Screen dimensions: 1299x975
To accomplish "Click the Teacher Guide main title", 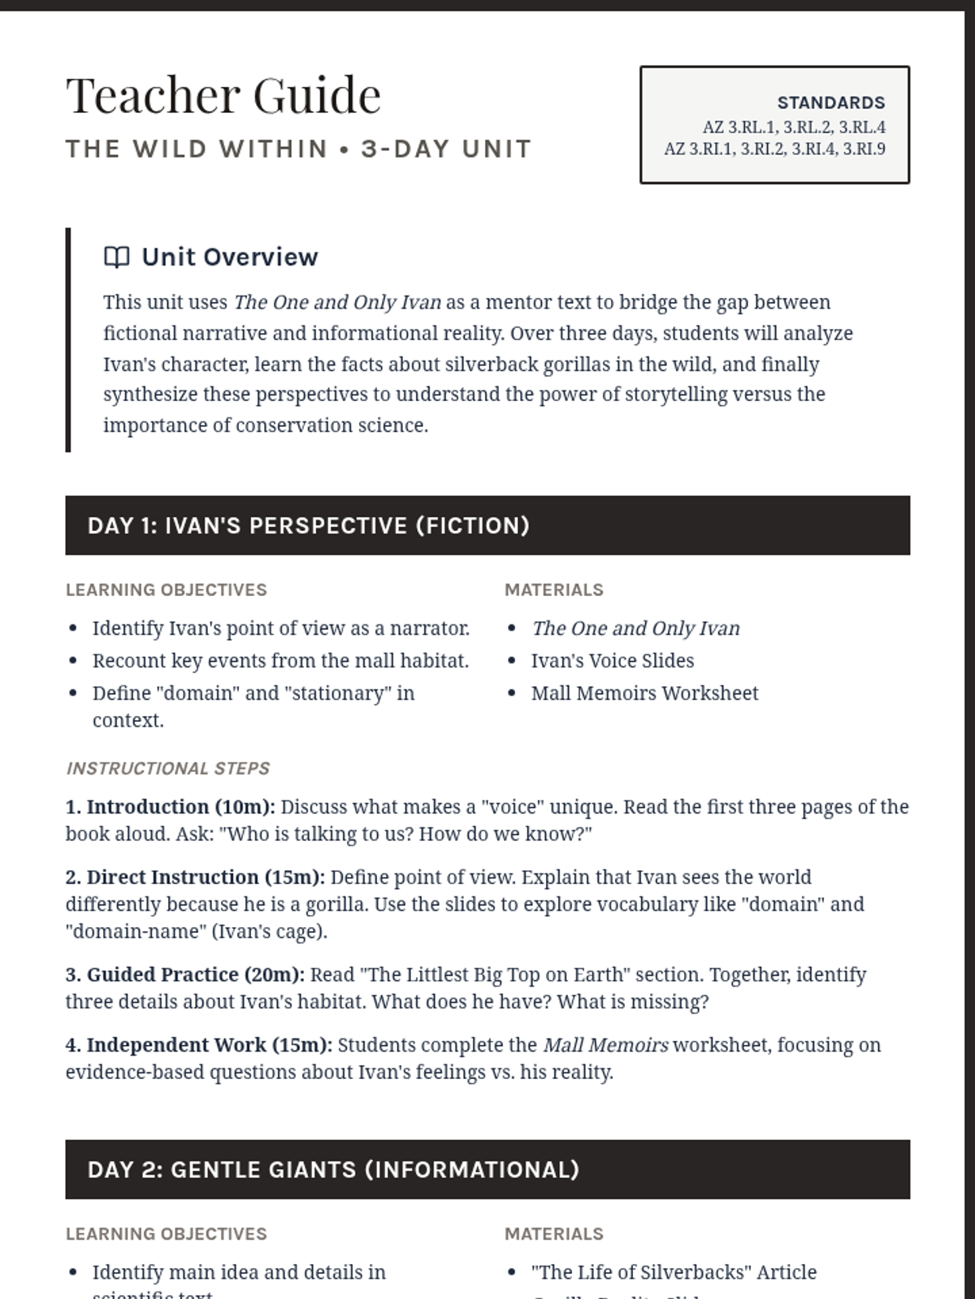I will coord(223,95).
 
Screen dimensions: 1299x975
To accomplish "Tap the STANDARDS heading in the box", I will coord(830,103).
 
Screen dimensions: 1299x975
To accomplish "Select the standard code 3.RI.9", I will coord(864,149).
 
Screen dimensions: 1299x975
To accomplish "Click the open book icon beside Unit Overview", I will coord(117,257).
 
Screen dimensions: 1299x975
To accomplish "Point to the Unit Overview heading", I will coord(230,257).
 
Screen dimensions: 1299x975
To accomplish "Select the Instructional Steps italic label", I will coord(168,768).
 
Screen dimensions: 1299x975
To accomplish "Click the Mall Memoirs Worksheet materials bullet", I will coord(644,693).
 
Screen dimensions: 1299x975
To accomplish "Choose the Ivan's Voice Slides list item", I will coord(612,661).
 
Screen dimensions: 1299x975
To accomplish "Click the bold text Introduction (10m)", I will coord(180,807).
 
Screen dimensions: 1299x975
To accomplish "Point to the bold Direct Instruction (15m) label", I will coord(206,878).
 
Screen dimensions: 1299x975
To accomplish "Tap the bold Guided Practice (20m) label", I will coord(195,975).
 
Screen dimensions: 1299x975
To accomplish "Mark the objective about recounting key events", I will coord(280,661).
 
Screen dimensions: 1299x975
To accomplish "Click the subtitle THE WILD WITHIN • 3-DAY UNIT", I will coord(298,149).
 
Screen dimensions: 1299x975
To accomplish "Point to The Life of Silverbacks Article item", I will coord(674,1272).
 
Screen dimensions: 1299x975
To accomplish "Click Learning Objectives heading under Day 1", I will coord(167,590).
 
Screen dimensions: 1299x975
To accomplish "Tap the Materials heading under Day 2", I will coord(554,1234).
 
